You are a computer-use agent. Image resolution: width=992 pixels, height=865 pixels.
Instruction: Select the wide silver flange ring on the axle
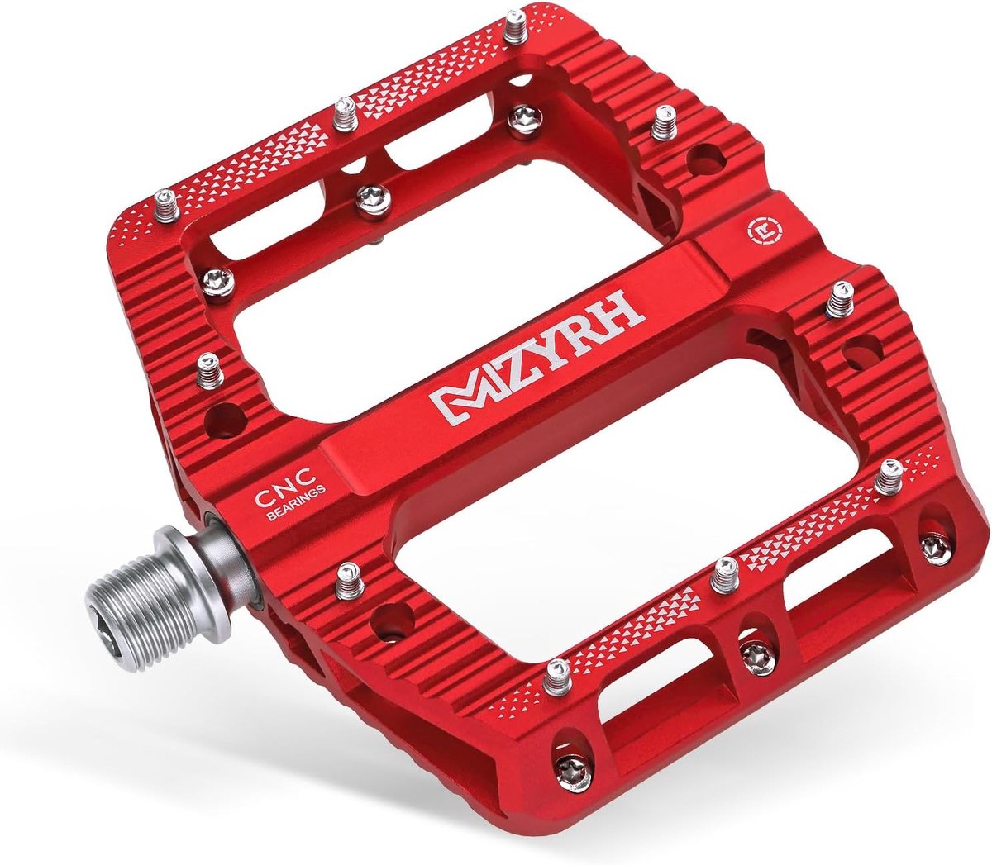tap(192, 573)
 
